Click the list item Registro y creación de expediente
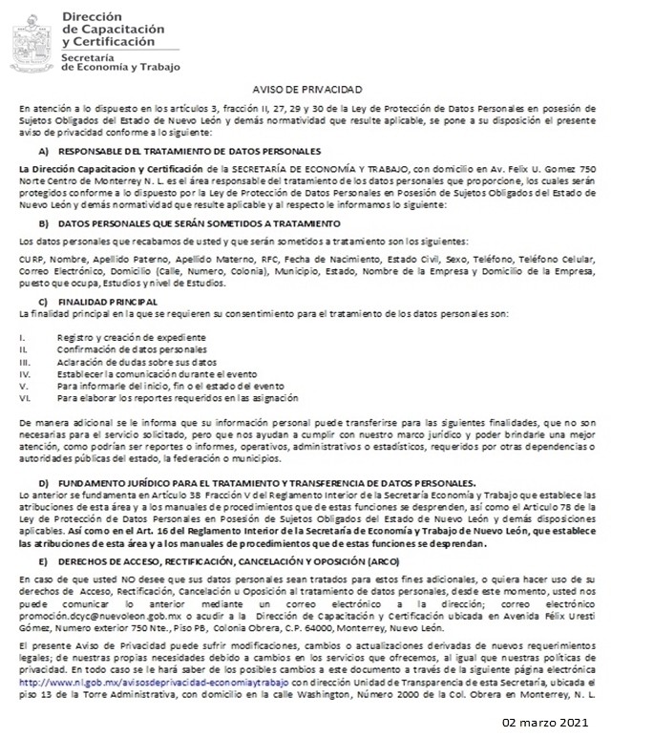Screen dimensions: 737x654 (x=131, y=337)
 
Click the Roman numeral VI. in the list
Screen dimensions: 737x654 (x=24, y=397)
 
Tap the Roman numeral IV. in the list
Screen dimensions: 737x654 (x=25, y=373)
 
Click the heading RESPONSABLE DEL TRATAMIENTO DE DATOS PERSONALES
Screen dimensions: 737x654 (x=189, y=152)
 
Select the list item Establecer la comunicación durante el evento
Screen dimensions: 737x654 (x=156, y=373)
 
